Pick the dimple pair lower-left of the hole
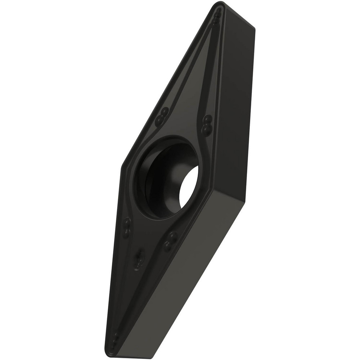coord(127,227)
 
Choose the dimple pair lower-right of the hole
coord(170,240)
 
